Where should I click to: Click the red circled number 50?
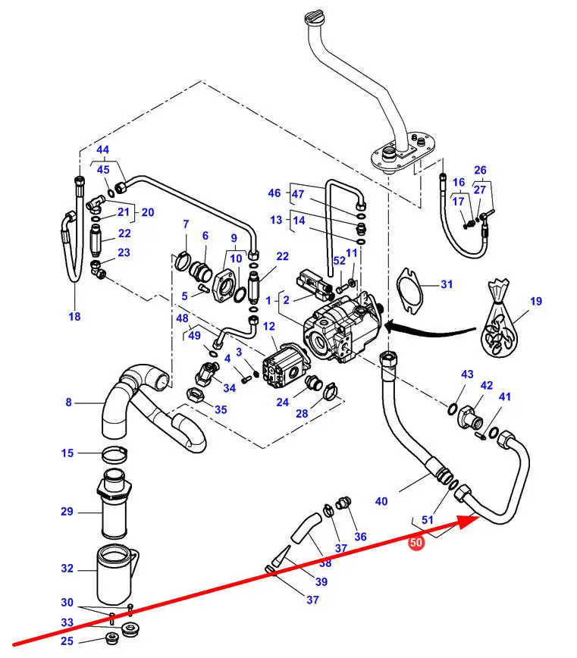416,543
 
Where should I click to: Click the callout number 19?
536,302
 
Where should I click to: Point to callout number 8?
68,403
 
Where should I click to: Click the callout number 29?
67,512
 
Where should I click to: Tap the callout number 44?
102,150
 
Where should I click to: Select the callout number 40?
381,501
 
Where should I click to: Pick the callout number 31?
447,285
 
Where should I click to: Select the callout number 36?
360,537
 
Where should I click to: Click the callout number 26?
480,170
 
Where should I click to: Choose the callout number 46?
274,193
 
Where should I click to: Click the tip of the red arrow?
479,519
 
